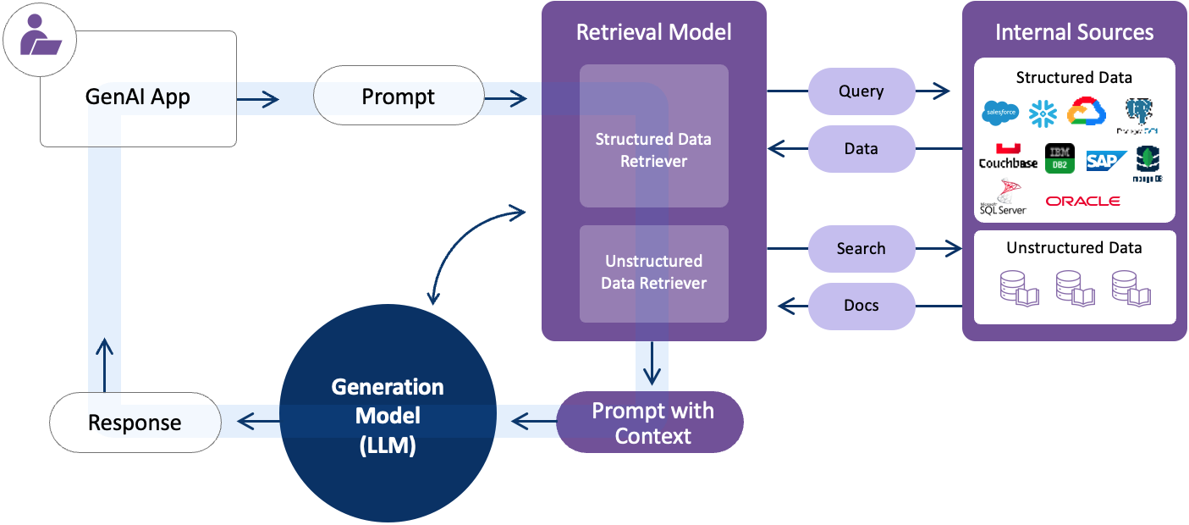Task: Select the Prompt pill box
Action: coord(398,97)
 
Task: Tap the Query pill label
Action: coord(861,91)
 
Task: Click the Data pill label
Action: coord(861,149)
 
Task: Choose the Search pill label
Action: coord(861,249)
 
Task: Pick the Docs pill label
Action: coord(861,306)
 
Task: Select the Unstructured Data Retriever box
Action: coord(653,273)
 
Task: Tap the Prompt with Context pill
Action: coord(650,423)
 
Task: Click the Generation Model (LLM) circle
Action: coord(387,417)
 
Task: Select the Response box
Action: coord(135,422)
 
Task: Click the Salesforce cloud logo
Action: coord(999,113)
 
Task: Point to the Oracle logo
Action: coord(1082,202)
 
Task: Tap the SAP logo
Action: coord(1105,161)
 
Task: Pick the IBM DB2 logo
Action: coord(1060,157)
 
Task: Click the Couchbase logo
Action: coord(1007,157)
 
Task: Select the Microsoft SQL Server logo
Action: coord(1003,198)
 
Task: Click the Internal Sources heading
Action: coord(1074,33)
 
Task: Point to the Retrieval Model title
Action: coord(653,33)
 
